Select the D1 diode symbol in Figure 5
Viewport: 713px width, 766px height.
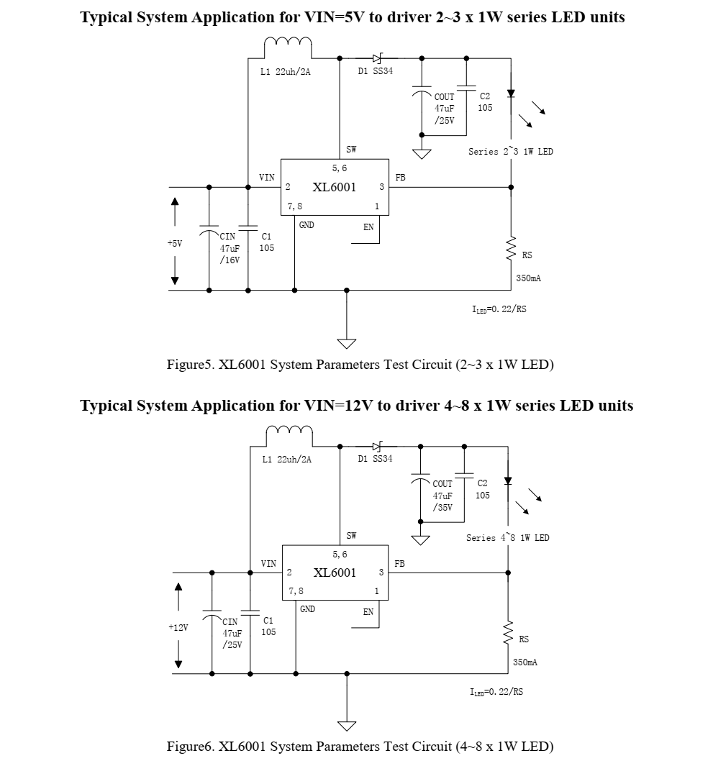(x=376, y=58)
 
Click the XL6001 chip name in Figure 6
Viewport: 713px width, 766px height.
(x=335, y=573)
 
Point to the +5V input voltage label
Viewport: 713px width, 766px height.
(x=175, y=244)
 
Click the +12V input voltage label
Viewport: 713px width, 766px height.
(x=178, y=628)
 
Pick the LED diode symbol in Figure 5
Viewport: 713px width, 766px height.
(x=511, y=93)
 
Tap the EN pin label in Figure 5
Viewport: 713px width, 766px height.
(x=368, y=227)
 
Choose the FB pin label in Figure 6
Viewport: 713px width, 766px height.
(x=399, y=564)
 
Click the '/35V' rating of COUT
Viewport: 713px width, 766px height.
(x=442, y=507)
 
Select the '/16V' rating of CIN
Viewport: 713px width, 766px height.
(x=230, y=260)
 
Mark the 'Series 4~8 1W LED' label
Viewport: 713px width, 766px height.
(x=507, y=538)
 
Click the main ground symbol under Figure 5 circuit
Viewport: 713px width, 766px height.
(x=347, y=343)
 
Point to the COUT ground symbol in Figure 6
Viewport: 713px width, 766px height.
(x=420, y=540)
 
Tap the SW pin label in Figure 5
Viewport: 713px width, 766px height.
(x=351, y=150)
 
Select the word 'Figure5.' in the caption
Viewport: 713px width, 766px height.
(x=191, y=365)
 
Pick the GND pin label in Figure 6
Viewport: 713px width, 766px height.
(x=307, y=609)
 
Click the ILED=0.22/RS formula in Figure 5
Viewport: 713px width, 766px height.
(x=498, y=309)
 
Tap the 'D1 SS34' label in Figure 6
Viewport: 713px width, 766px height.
(x=375, y=459)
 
